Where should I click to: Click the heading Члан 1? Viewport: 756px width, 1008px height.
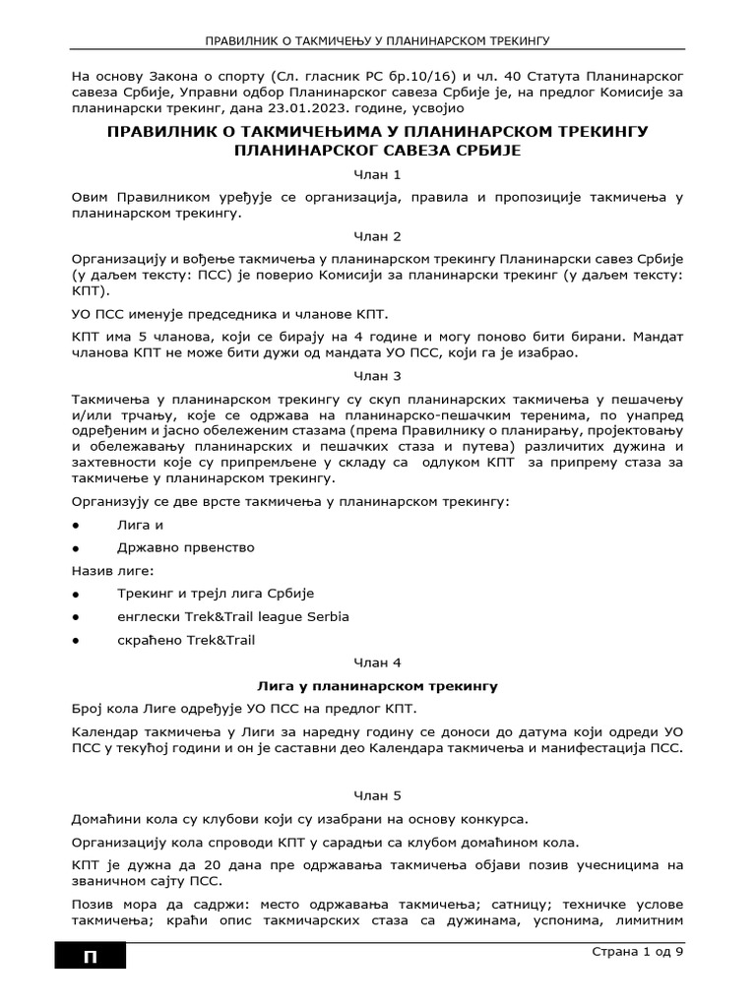click(378, 173)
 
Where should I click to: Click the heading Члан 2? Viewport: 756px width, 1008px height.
click(378, 236)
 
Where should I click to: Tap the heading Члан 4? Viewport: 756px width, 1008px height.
click(378, 662)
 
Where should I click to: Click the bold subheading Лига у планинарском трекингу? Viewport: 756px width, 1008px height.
click(378, 685)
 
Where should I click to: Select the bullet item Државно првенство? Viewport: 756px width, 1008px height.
click(185, 546)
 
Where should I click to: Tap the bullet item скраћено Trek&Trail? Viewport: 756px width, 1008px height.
click(185, 640)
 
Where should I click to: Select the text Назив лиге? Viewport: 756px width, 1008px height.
click(113, 570)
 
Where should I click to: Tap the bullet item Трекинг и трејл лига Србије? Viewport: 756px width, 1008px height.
click(215, 594)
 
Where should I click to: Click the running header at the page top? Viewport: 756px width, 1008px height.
click(378, 42)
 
